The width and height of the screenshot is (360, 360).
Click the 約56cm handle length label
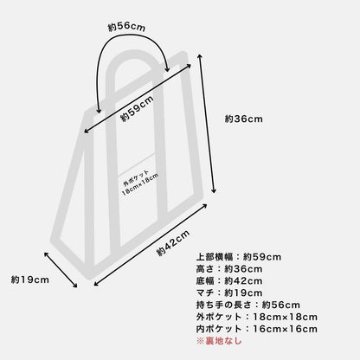[x=126, y=27]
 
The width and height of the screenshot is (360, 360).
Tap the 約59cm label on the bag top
[x=137, y=109]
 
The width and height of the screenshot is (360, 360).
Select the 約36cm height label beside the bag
[x=244, y=119]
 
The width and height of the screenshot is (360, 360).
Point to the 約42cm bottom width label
[x=173, y=243]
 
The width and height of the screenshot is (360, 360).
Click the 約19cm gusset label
[x=30, y=280]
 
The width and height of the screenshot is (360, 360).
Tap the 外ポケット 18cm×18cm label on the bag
[x=140, y=183]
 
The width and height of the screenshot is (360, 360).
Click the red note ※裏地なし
[x=219, y=341]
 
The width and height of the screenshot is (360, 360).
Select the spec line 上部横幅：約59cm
[x=239, y=257]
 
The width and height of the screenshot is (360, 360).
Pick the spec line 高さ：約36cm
[x=229, y=269]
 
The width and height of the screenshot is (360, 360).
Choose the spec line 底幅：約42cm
[x=229, y=280]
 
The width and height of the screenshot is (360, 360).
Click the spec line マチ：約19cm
[x=229, y=292]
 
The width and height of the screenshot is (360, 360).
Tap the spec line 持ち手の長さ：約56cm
[x=248, y=305]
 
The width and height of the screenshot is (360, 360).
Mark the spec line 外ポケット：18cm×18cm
[x=257, y=317]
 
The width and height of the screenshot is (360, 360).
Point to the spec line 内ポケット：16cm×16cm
[x=257, y=329]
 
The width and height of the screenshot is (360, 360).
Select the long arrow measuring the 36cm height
[x=206, y=124]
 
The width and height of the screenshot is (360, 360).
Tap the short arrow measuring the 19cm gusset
[x=61, y=270]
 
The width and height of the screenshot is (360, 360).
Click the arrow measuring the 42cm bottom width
[x=151, y=245]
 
